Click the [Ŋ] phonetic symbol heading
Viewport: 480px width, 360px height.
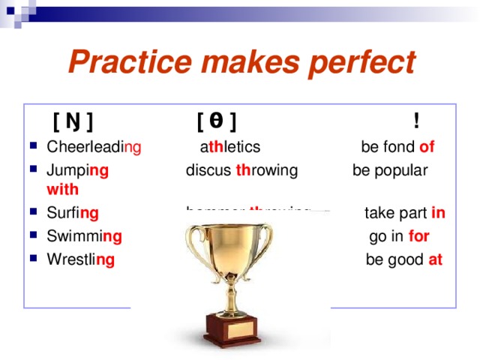pos(73,121)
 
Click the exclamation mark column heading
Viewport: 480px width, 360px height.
pos(415,120)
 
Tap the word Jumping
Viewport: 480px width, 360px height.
pos(77,170)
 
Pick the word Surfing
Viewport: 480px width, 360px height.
pos(72,214)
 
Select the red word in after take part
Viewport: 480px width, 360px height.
pos(439,214)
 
